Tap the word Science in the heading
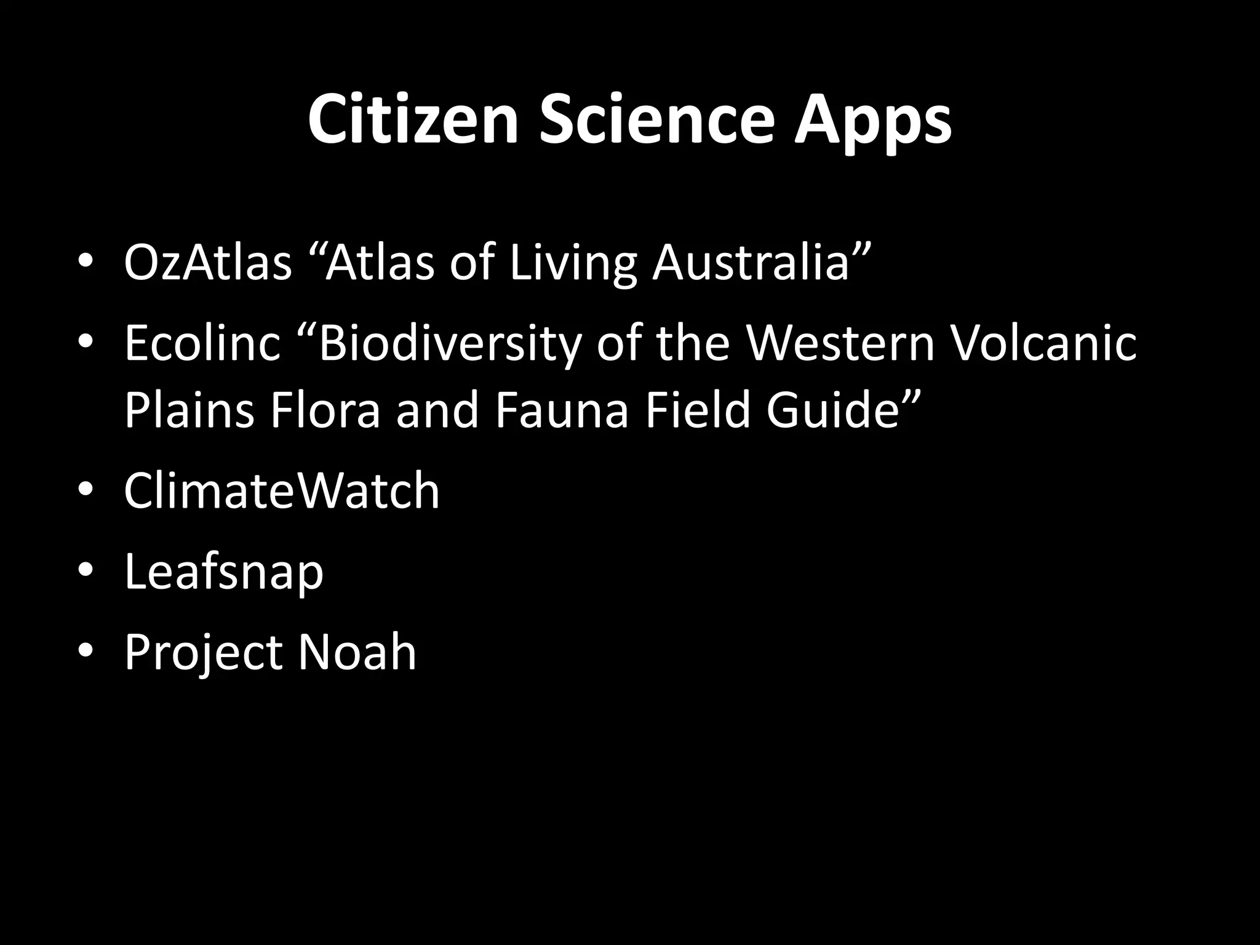coord(656,120)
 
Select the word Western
coord(841,343)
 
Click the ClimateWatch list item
coord(282,490)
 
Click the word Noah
coord(357,652)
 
